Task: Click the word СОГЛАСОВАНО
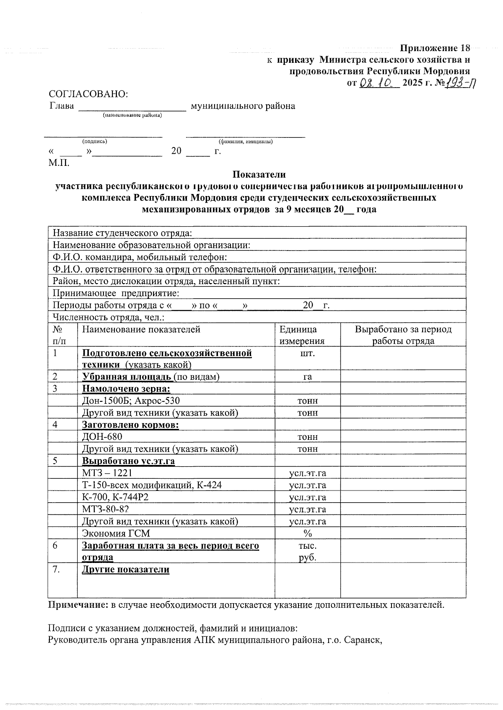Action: [88, 94]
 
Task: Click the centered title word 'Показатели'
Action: [259, 174]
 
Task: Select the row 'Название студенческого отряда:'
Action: [122, 233]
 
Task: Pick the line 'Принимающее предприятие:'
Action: [116, 293]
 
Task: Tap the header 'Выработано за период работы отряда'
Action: [403, 335]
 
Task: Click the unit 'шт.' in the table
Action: [307, 353]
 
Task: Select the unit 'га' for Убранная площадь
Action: [307, 377]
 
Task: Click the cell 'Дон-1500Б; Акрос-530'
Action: [131, 400]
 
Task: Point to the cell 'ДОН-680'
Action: [102, 437]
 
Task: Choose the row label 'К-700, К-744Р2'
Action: [115, 497]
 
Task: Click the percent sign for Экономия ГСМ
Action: [308, 534]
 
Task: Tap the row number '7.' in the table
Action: [58, 569]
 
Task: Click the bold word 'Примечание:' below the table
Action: [78, 605]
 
